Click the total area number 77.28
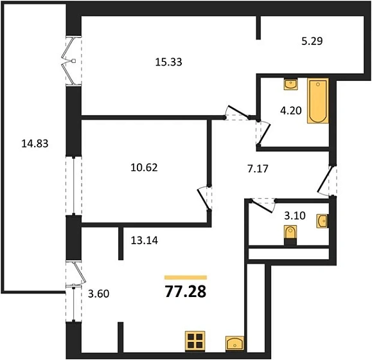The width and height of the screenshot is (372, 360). pyautogui.click(x=186, y=291)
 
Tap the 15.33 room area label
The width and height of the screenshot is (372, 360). pyautogui.click(x=169, y=62)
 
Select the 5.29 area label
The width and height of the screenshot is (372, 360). pyautogui.click(x=312, y=41)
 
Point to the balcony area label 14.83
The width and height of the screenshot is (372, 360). pyautogui.click(x=35, y=143)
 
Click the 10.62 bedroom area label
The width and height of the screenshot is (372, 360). pyautogui.click(x=145, y=168)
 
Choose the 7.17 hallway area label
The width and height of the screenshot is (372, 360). pyautogui.click(x=258, y=168)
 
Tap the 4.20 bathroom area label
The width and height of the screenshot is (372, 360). pyautogui.click(x=291, y=111)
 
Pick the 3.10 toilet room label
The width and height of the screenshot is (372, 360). pyautogui.click(x=295, y=216)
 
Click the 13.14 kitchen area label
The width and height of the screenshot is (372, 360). pyautogui.click(x=145, y=240)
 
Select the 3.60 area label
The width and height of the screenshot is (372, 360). pyautogui.click(x=98, y=294)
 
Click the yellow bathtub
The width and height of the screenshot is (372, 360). pyautogui.click(x=318, y=101)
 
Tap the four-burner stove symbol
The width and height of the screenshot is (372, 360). pyautogui.click(x=195, y=341)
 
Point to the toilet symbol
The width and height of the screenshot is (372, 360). pyautogui.click(x=290, y=235)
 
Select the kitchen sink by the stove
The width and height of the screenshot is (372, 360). pyautogui.click(x=235, y=343)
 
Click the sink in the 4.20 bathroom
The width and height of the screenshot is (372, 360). pyautogui.click(x=291, y=84)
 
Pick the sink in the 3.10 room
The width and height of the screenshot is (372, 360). pyautogui.click(x=323, y=221)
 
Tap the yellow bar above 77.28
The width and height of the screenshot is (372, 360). pyautogui.click(x=186, y=278)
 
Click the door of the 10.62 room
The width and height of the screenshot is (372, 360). pyautogui.click(x=204, y=199)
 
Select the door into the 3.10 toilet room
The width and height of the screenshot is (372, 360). pyautogui.click(x=262, y=206)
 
